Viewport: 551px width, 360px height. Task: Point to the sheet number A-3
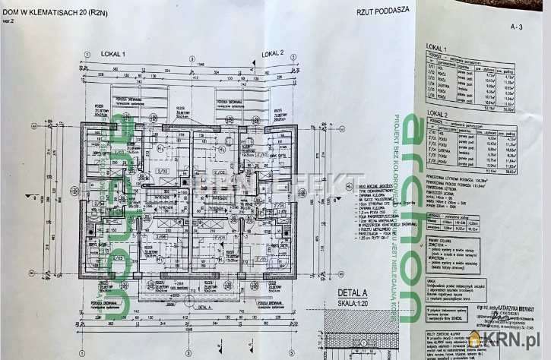[517, 26]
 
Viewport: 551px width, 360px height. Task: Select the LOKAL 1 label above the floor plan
[113, 54]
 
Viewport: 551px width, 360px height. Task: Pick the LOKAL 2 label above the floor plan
[272, 54]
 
